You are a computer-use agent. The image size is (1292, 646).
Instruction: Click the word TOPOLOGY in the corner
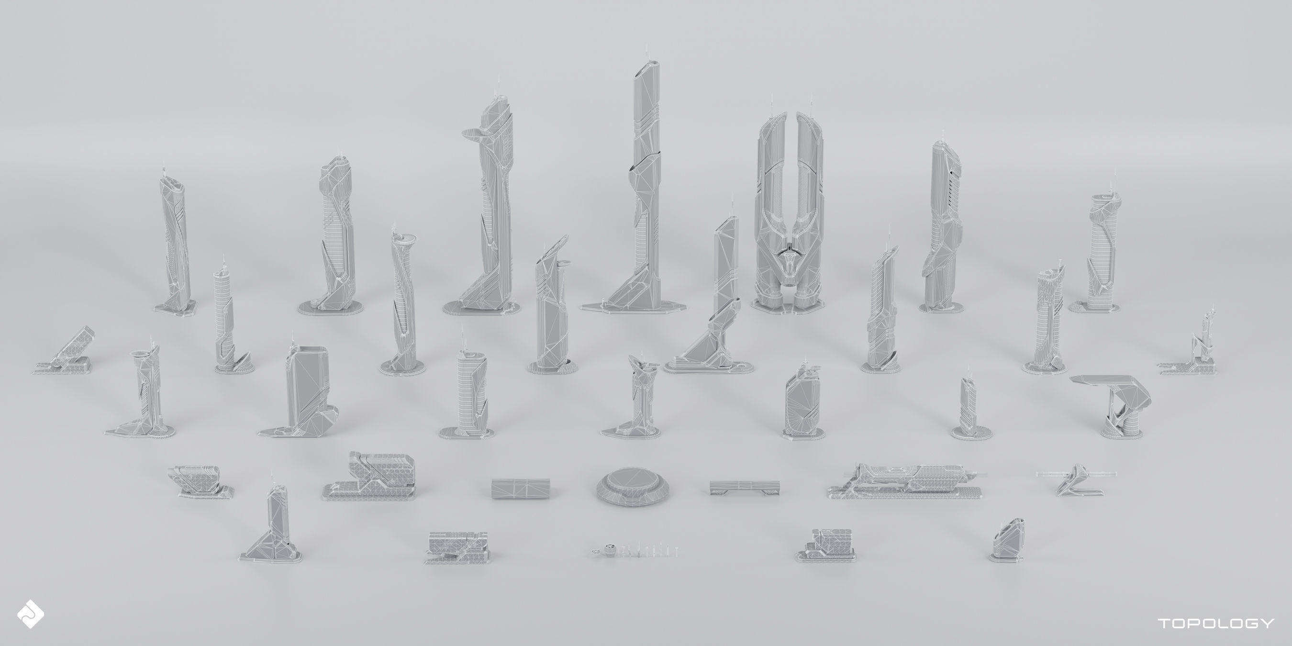[1216, 623]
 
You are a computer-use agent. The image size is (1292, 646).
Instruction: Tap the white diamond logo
[30, 613]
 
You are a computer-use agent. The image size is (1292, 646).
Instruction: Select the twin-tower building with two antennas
[789, 211]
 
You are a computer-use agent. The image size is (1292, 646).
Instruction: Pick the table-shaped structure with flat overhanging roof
[1111, 404]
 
